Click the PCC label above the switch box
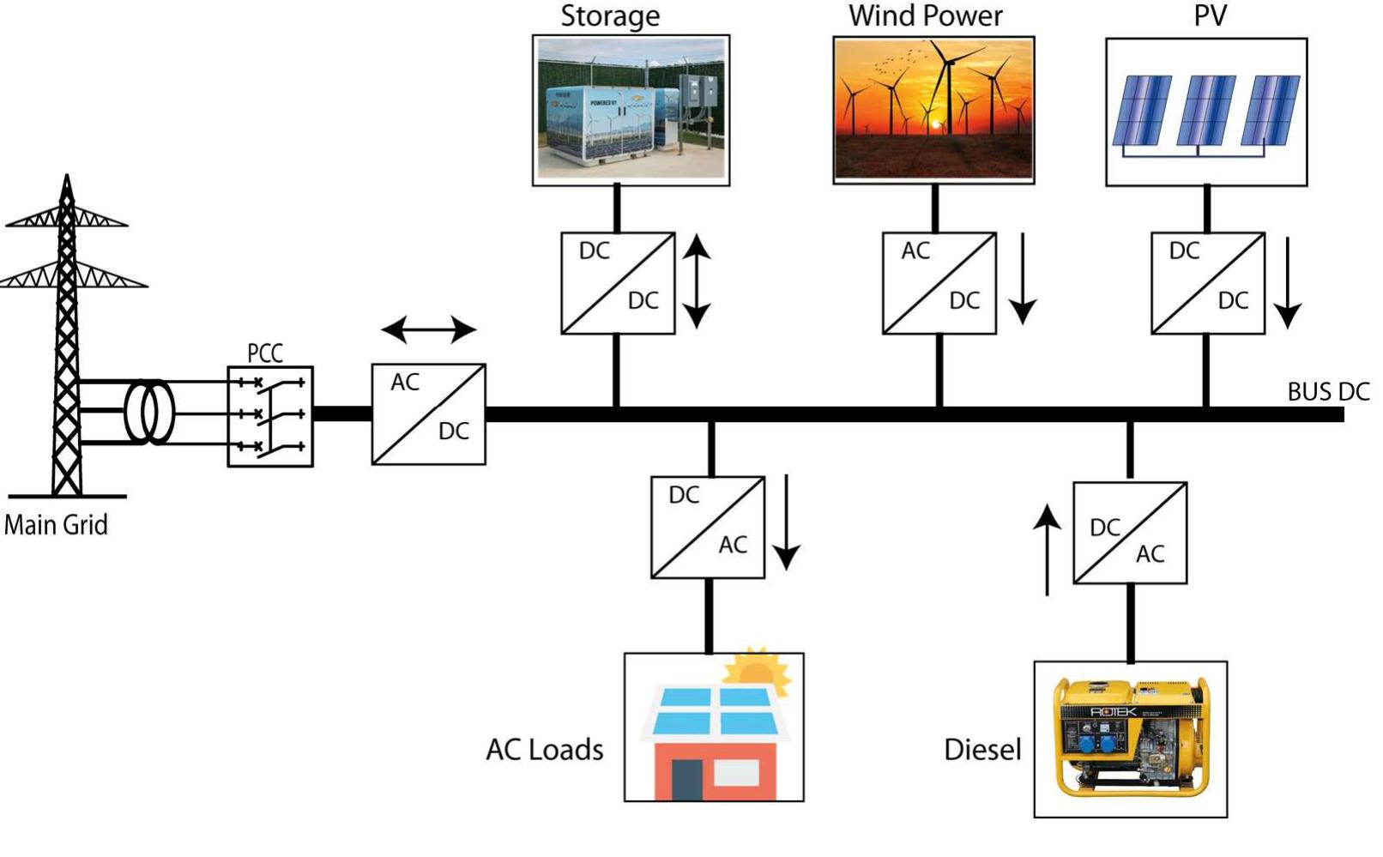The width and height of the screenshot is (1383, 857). pos(264,353)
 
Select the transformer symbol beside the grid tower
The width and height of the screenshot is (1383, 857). pos(149,413)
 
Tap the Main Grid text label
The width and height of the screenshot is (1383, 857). pos(56,524)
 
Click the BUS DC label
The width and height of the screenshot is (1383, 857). pos(1328,392)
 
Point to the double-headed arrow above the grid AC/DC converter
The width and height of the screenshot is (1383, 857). pos(428,329)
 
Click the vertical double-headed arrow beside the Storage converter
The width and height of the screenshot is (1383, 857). pos(697,282)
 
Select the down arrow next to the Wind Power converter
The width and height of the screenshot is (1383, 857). pos(1022,279)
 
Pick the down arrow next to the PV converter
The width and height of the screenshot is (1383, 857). pos(1288,282)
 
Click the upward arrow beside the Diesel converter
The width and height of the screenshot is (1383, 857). pos(1047,549)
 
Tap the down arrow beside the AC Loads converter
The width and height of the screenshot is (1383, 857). pos(786,522)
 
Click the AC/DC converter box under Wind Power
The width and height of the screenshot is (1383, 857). pos(939,283)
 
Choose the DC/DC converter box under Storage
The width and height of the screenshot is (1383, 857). pos(618,283)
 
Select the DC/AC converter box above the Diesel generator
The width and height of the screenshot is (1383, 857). pos(1130,533)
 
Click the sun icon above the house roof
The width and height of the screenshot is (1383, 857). pos(758,671)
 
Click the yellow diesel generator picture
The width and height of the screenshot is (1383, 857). pos(1131,739)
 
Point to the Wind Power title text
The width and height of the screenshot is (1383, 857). pos(926,15)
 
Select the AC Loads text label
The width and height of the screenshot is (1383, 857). pos(545,750)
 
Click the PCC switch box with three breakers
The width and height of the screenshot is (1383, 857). pos(270,416)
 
